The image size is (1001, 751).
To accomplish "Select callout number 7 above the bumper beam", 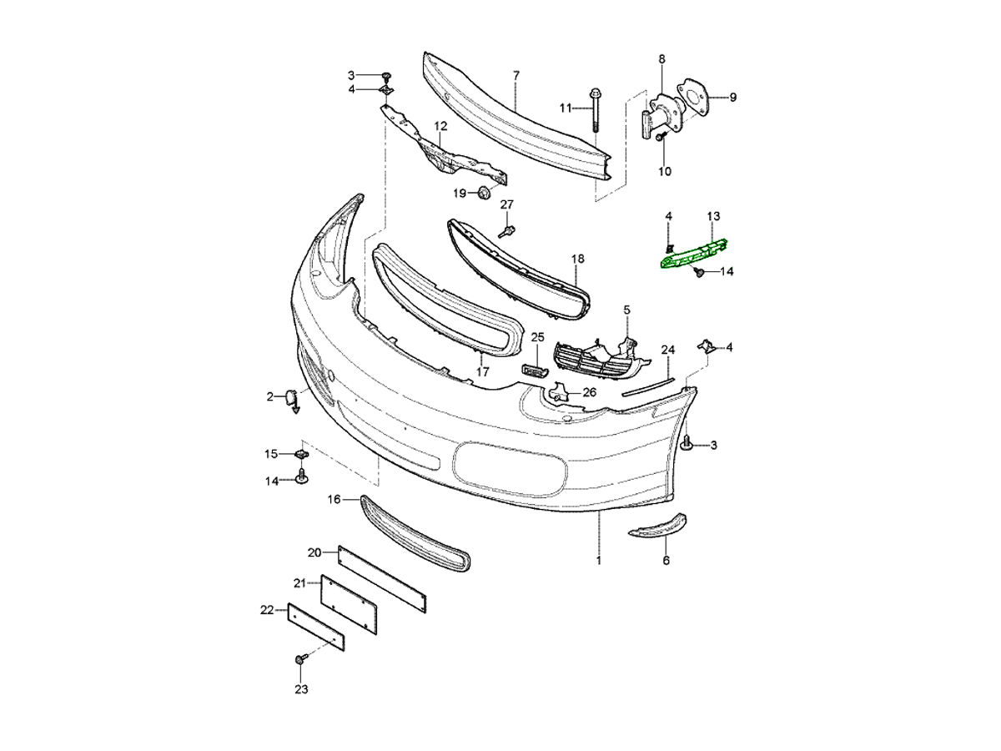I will pyautogui.click(x=516, y=76).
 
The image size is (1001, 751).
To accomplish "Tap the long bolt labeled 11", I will pyautogui.click(x=595, y=108).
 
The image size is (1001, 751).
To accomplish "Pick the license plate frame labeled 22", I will pyautogui.click(x=315, y=626).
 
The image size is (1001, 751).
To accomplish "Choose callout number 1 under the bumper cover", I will pyautogui.click(x=598, y=561).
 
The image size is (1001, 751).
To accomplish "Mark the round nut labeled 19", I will pyautogui.click(x=483, y=194).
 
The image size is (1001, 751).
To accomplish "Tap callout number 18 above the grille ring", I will pyautogui.click(x=578, y=260).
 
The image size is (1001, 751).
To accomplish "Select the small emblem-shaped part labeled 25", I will pyautogui.click(x=534, y=370).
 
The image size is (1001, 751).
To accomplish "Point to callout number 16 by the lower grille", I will pyautogui.click(x=334, y=500).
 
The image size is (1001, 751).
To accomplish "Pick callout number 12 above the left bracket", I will pyautogui.click(x=440, y=126).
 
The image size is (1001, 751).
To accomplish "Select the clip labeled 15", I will pyautogui.click(x=300, y=455).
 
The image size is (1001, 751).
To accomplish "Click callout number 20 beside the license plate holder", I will pyautogui.click(x=314, y=552).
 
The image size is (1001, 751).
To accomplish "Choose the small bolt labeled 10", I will pyautogui.click(x=659, y=138).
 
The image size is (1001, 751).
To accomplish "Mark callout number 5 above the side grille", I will pyautogui.click(x=627, y=310).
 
